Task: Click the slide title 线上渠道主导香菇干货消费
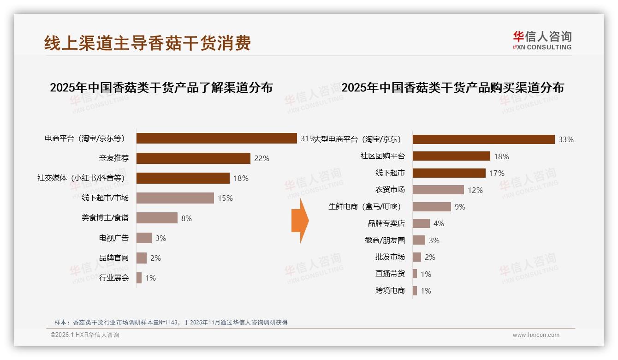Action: (148, 43)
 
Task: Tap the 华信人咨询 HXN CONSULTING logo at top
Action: (542, 41)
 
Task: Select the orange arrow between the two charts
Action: (300, 221)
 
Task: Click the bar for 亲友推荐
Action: (193, 158)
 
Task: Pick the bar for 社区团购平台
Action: (451, 156)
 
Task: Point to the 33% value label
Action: (566, 139)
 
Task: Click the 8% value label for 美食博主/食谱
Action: (186, 218)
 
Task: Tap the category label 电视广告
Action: (114, 238)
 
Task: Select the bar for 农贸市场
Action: (438, 190)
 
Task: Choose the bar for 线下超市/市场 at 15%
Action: (175, 198)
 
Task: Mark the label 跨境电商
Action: (390, 291)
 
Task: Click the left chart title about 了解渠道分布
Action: (161, 88)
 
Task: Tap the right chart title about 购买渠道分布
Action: (452, 88)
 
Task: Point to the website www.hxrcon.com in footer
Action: (536, 335)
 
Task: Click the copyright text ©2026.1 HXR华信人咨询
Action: (84, 335)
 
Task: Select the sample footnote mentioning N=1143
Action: (171, 322)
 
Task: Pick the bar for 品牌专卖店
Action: (421, 223)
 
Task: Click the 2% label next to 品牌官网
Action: (155, 258)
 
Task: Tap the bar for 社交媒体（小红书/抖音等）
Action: (183, 178)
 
